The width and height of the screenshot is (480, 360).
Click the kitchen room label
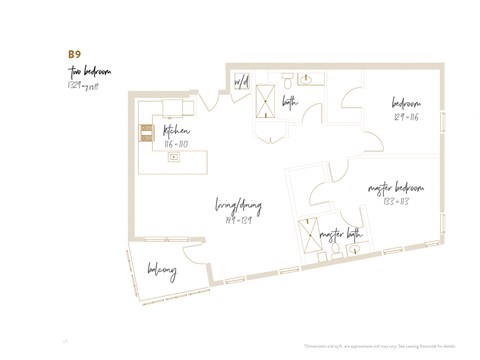click(177, 131)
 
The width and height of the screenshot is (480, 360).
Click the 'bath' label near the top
click(291, 101)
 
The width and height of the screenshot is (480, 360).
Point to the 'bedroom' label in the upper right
click(406, 103)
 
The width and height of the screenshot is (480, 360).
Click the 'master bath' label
click(340, 235)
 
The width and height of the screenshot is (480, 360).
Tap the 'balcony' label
click(161, 271)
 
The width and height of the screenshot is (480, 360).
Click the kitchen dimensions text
click(176, 144)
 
